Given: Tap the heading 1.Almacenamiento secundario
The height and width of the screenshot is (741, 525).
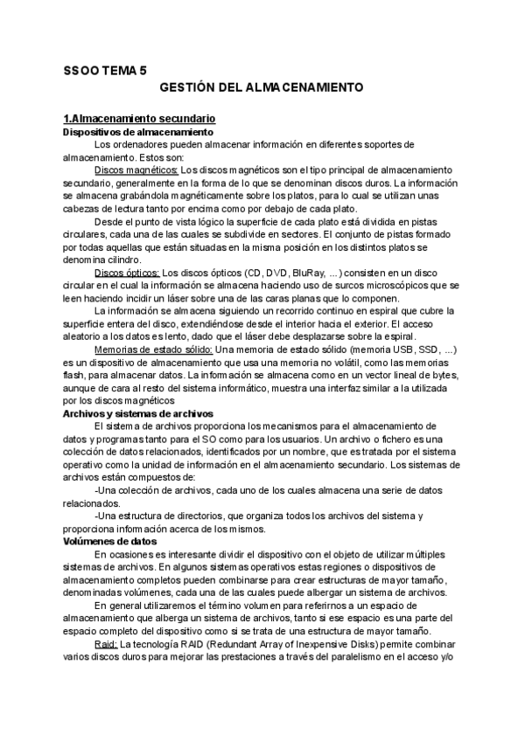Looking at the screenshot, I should (139, 118).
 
